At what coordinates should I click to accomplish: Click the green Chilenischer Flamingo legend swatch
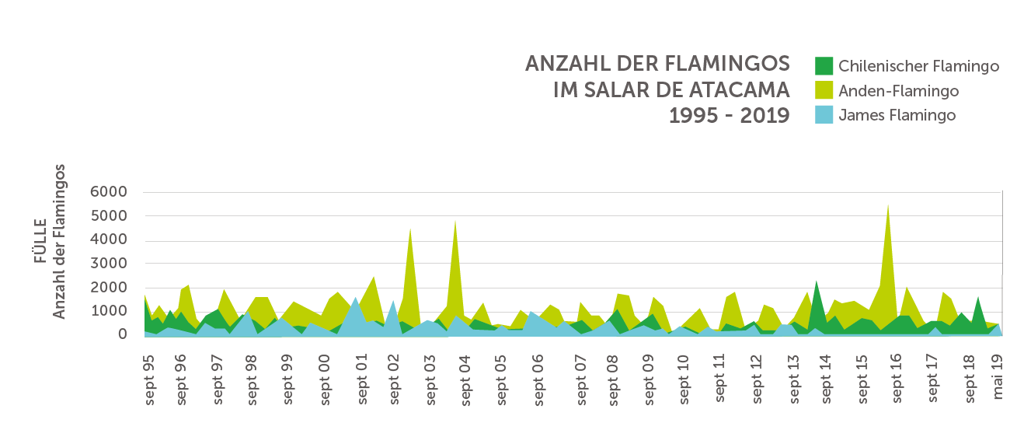824,66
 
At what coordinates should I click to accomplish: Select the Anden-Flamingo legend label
898,91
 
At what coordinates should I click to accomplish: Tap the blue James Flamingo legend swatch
824,115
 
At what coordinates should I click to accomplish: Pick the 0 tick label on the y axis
121,335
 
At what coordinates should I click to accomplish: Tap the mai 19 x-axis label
999,376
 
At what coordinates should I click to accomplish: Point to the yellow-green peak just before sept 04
455,222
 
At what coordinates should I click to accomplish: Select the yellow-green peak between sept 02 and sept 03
410,231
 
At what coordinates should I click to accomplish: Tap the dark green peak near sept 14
817,282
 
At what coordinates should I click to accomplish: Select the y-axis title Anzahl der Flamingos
60,241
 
